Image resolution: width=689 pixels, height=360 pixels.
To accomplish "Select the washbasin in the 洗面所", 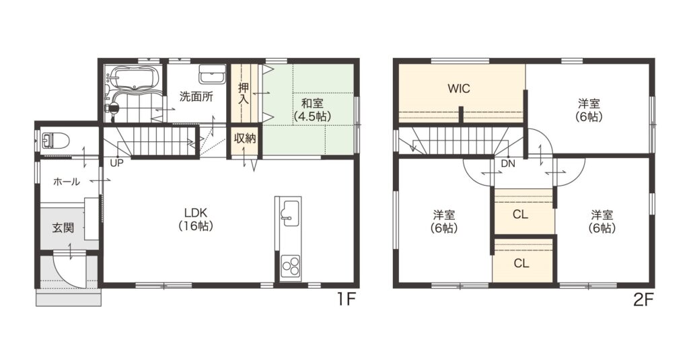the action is (x=213, y=75).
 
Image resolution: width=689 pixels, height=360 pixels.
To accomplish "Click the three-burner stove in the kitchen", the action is (x=291, y=266).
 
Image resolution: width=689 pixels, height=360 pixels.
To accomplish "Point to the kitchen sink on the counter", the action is (x=290, y=213).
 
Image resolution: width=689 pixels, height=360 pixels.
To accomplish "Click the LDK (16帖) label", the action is (x=196, y=219).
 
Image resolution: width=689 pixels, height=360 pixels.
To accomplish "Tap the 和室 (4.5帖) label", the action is (x=312, y=110).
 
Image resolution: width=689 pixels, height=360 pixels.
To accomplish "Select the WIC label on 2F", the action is (x=459, y=88).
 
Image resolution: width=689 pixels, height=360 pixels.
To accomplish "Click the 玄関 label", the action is (x=63, y=227).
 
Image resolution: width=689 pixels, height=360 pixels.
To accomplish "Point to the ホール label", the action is (x=67, y=181).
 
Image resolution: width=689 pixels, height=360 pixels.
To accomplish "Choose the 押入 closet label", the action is (x=244, y=94).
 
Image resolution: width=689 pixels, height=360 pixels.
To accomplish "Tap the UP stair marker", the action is (x=117, y=163).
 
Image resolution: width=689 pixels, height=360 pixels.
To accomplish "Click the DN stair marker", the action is (x=508, y=164).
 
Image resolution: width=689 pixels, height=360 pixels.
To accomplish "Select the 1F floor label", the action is (x=346, y=300).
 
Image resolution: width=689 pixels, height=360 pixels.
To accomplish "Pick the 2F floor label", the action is (x=644, y=300).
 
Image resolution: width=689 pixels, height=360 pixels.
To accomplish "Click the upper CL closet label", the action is (x=520, y=215).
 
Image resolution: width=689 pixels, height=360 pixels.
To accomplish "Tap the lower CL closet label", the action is (x=521, y=263).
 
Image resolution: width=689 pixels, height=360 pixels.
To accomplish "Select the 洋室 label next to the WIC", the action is (x=589, y=110).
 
